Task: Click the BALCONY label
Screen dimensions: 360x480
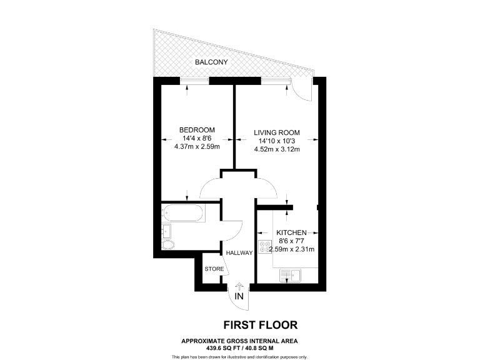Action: pyautogui.click(x=211, y=62)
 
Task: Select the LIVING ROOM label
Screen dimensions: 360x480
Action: pyautogui.click(x=277, y=132)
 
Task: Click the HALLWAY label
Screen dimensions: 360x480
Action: pyautogui.click(x=239, y=253)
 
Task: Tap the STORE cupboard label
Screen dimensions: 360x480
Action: pyautogui.click(x=214, y=269)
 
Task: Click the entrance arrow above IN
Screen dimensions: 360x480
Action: pyautogui.click(x=239, y=286)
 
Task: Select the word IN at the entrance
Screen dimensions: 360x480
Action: pyautogui.click(x=239, y=297)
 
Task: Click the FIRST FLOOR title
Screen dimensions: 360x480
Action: pyautogui.click(x=261, y=324)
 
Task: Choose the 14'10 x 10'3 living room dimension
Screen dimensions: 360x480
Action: pyautogui.click(x=277, y=141)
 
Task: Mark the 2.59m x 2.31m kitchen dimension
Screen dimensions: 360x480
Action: pyautogui.click(x=291, y=249)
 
